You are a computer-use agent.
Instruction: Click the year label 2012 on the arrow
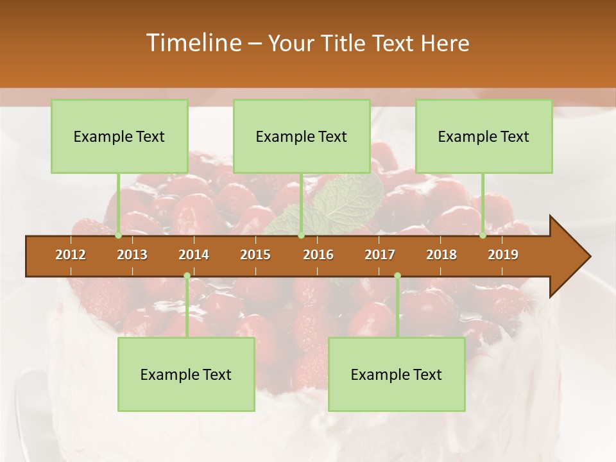[x=71, y=255]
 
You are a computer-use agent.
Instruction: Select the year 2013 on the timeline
[x=132, y=255]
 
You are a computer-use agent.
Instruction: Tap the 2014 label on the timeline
[x=194, y=255]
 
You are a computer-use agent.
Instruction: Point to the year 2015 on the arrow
[x=255, y=255]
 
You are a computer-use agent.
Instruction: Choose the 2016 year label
[x=318, y=255]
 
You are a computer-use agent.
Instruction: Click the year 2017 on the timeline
[x=380, y=255]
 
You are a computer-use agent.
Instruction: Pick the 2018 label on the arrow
[x=441, y=255]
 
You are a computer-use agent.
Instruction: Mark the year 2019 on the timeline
[x=503, y=255]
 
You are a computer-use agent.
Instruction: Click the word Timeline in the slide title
[x=193, y=43]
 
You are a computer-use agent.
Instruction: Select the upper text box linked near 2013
[x=119, y=137]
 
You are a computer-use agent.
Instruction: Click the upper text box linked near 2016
[x=302, y=137]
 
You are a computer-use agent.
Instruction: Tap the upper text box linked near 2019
[x=484, y=137]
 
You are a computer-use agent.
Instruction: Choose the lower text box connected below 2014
[x=186, y=375]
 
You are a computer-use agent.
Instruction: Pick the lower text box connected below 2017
[x=397, y=375]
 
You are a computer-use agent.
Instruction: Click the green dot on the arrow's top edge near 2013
[x=118, y=235]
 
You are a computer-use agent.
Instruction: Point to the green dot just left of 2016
[x=301, y=235]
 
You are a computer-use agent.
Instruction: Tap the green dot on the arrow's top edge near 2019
[x=483, y=235]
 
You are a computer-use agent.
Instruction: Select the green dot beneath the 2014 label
[x=187, y=276]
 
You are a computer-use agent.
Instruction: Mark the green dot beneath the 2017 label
[x=397, y=276]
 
